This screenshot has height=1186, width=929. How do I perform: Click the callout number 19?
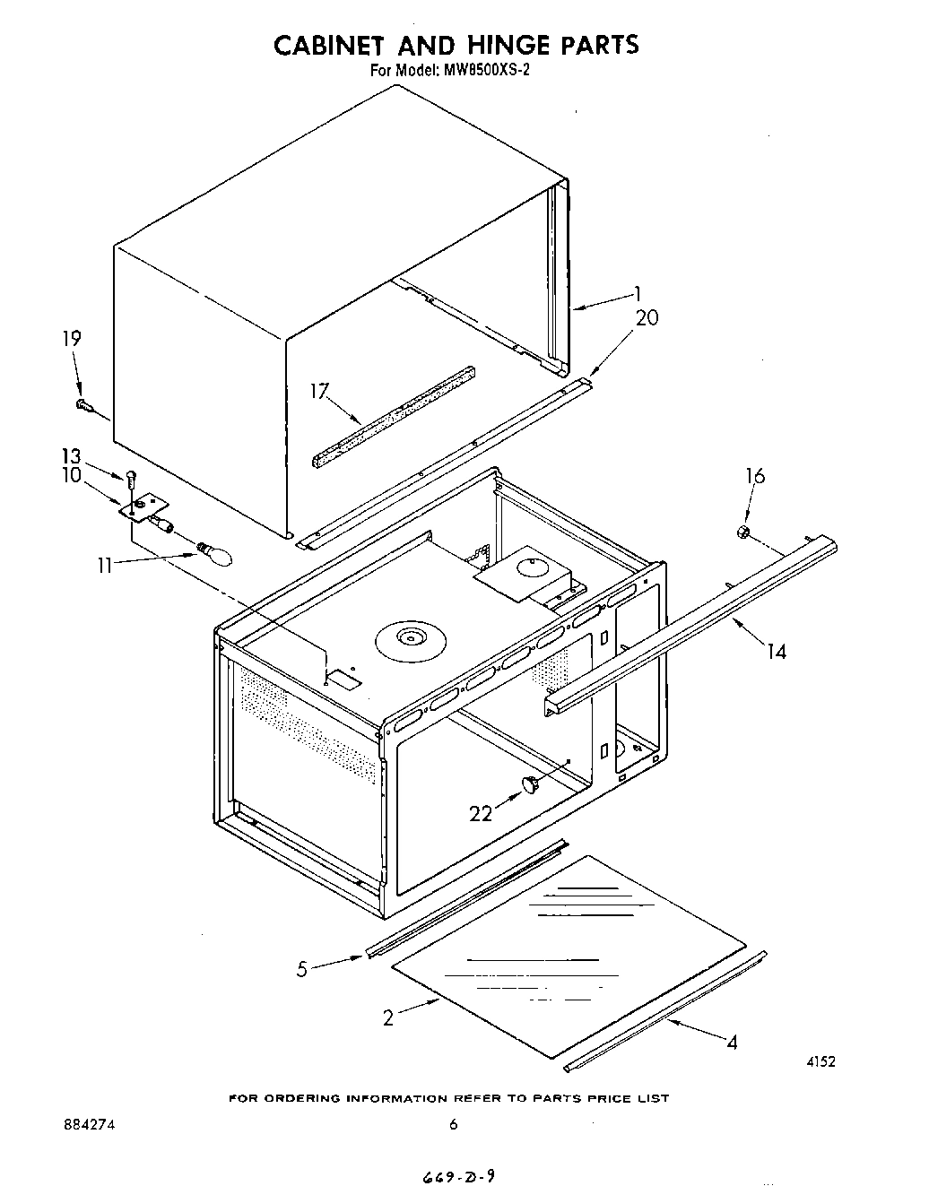coord(72,339)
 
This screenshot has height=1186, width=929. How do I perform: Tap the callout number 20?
coord(647,317)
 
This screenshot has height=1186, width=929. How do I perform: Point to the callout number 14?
coord(777,652)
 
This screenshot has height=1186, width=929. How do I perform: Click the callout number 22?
coord(481,813)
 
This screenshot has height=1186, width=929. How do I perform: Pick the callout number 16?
coord(755,476)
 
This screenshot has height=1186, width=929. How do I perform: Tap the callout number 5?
coord(302,968)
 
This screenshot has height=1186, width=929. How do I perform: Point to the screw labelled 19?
coord(85,406)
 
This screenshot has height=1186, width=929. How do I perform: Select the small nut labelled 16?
coord(742,533)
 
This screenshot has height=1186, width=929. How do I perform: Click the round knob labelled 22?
coord(531,785)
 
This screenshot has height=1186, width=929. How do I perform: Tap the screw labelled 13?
coord(132,477)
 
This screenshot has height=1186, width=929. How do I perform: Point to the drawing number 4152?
coord(820,1061)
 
